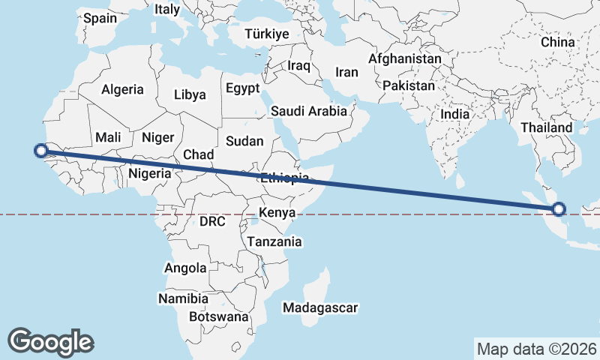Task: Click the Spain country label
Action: pyautogui.click(x=100, y=17)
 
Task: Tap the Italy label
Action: pyautogui.click(x=166, y=10)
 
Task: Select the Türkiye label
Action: pyautogui.click(x=266, y=34)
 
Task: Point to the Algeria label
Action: pyautogui.click(x=122, y=89)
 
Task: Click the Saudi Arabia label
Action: pyautogui.click(x=309, y=111)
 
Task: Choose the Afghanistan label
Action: pyautogui.click(x=405, y=58)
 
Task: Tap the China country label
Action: pyautogui.click(x=557, y=42)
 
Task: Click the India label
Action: pyautogui.click(x=455, y=114)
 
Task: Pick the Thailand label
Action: pyautogui.click(x=546, y=127)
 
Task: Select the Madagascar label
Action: pyautogui.click(x=320, y=307)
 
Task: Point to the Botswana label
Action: pyautogui.click(x=218, y=316)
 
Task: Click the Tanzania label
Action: pyautogui.click(x=274, y=241)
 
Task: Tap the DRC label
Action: pyautogui.click(x=212, y=221)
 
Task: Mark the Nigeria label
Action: pyautogui.click(x=150, y=173)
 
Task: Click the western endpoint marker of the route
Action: pyautogui.click(x=41, y=151)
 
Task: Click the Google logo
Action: pyautogui.click(x=50, y=341)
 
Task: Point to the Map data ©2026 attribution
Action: pyautogui.click(x=536, y=349)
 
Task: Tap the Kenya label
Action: pyautogui.click(x=277, y=213)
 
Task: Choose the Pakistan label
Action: pyautogui.click(x=408, y=86)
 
